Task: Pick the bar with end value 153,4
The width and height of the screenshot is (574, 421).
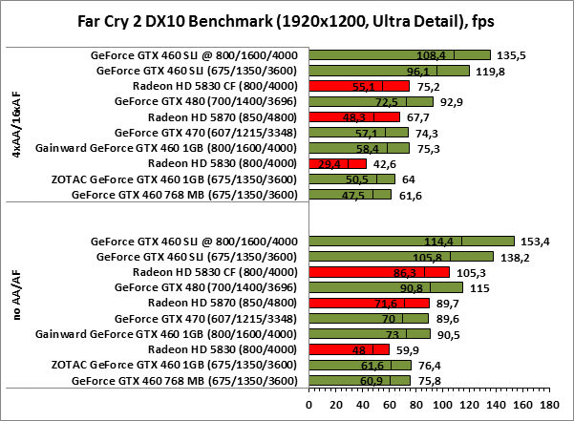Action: coord(413,241)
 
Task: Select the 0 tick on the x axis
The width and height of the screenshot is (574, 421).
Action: coord(308,405)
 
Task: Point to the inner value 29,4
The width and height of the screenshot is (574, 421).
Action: coord(330,164)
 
